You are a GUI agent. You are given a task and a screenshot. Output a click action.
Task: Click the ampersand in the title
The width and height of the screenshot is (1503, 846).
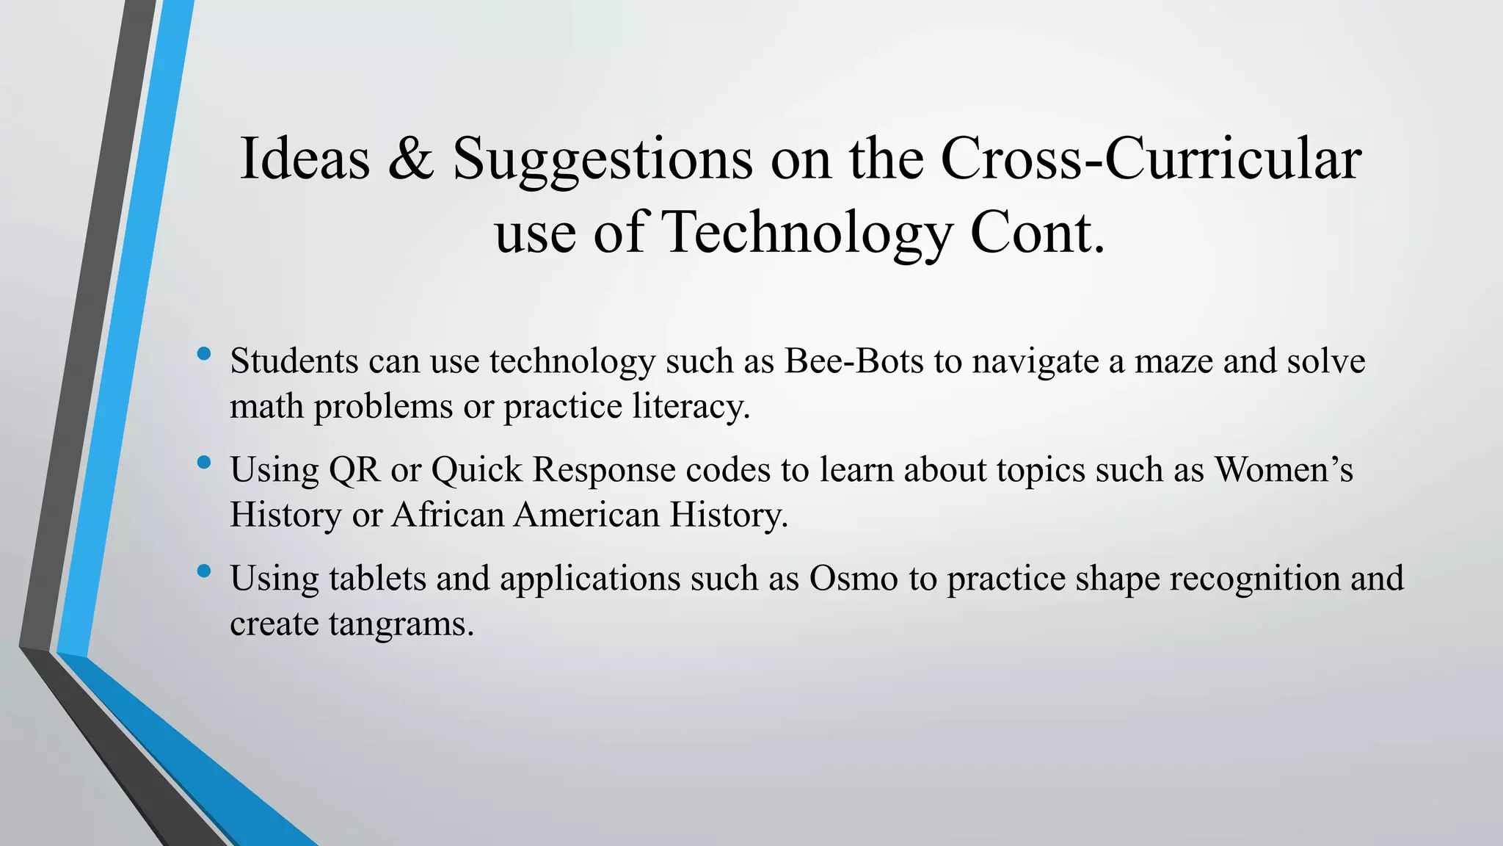point(410,159)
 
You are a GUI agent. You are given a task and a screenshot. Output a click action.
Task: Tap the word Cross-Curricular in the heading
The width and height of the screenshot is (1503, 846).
point(1150,159)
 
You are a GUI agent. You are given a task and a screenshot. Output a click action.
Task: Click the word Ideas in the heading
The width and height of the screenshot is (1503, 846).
point(305,159)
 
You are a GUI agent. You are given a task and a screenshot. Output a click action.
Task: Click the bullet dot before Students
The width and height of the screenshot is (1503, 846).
point(205,355)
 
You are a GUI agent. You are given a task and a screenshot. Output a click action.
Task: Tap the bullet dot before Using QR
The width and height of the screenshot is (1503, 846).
point(205,463)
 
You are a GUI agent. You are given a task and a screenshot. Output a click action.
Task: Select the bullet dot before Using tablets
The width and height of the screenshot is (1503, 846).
point(205,571)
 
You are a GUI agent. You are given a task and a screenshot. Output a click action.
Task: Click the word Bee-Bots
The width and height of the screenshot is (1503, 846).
point(854,361)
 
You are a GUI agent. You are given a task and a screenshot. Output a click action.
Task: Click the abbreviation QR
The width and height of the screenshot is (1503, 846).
point(354,470)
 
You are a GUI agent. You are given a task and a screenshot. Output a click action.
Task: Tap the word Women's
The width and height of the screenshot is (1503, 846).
point(1284,470)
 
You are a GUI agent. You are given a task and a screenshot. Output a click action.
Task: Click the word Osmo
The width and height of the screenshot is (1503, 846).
point(854,579)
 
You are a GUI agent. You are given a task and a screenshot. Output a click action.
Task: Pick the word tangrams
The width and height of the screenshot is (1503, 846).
point(401,624)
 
